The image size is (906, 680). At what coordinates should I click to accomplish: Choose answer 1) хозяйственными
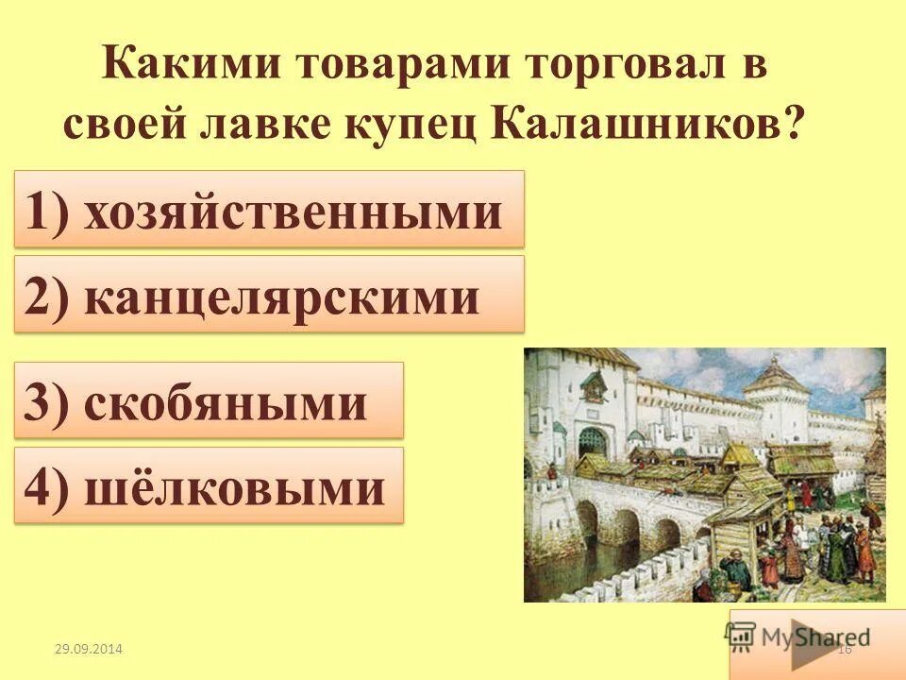click(268, 209)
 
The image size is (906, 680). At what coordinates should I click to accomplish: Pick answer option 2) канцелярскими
click(268, 294)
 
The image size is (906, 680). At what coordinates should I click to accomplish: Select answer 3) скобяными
click(209, 400)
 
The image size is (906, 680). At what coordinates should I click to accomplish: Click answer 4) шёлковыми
click(209, 486)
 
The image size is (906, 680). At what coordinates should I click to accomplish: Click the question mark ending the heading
click(797, 124)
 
